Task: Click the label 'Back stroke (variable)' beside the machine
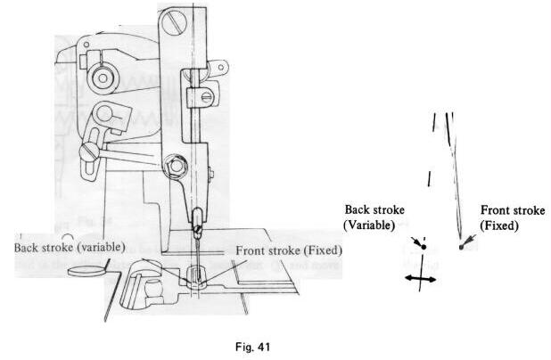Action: click(68, 245)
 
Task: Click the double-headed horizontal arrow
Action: click(419, 279)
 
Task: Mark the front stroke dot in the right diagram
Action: click(461, 246)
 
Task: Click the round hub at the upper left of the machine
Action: click(102, 78)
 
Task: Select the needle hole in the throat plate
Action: click(195, 279)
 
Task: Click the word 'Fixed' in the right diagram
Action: click(501, 227)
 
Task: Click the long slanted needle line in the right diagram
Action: click(456, 178)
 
